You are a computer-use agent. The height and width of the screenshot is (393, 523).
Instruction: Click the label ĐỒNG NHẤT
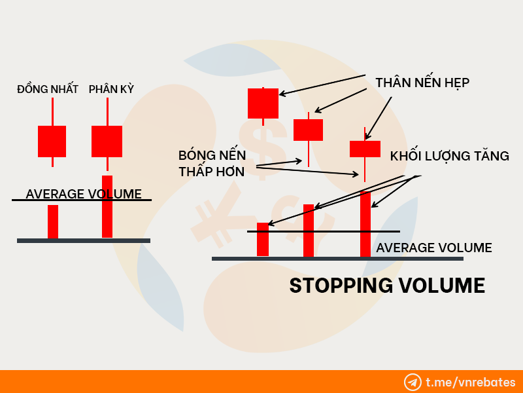pos(48,89)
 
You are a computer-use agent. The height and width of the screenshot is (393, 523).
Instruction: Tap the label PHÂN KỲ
pos(111,89)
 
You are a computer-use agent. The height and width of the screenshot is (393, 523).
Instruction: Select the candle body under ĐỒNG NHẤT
pos(52,141)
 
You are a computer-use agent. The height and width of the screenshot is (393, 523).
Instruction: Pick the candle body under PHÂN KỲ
pos(107,141)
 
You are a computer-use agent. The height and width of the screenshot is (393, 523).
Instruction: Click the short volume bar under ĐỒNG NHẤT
pos(53,221)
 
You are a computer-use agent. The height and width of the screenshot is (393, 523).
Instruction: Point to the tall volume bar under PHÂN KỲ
pos(107,206)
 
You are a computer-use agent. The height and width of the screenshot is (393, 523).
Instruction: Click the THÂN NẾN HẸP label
pos(422,83)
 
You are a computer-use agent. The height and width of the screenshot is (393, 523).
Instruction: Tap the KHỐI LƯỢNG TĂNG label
pos(450,156)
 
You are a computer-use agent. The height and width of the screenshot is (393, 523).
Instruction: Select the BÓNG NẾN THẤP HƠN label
pos(212,163)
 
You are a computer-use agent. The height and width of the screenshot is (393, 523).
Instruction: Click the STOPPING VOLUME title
pos(387,286)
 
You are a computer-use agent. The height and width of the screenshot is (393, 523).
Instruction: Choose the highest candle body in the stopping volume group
pos(263,103)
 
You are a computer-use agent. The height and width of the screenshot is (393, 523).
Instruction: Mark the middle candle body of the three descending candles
pos(308,130)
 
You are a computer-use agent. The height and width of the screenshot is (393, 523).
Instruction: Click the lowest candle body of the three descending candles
pos(365,149)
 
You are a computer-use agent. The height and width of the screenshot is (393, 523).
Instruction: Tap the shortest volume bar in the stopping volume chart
pos(263,239)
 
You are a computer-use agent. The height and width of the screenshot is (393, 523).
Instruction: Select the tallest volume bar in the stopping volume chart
pos(365,224)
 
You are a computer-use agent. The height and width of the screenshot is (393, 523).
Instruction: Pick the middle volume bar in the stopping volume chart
pos(309,231)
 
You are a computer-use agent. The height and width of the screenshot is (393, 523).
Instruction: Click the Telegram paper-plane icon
pos(413,383)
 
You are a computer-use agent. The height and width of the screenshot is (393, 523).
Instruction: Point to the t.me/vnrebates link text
pos(471,382)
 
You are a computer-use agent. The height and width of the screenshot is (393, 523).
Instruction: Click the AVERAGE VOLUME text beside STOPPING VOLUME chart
pos(434,248)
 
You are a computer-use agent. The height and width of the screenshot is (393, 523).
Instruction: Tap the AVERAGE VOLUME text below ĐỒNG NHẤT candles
pos(84,194)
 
